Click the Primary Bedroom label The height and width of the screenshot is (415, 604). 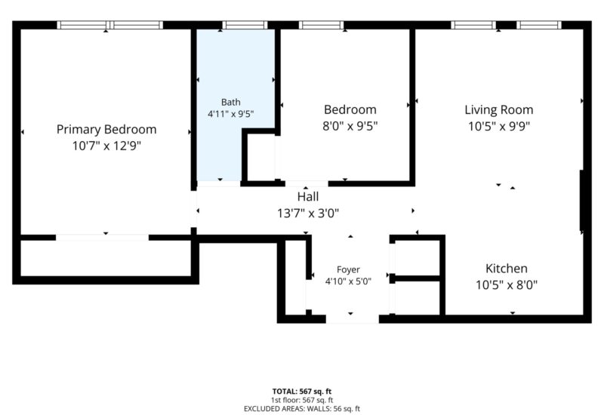(106, 129)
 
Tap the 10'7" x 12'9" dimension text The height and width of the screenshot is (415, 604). (106, 146)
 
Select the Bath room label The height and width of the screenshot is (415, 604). (231, 102)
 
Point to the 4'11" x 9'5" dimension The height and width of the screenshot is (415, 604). (231, 114)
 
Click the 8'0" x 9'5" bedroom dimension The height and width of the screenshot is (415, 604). (350, 126)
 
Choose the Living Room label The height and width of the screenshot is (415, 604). (499, 110)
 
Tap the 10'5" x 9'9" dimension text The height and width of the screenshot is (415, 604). (499, 126)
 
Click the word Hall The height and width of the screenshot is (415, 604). (308, 197)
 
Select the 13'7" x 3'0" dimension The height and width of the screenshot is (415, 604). (308, 213)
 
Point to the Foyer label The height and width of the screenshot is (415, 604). (348, 269)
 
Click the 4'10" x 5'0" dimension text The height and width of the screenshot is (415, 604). (348, 281)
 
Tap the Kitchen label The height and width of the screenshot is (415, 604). (506, 269)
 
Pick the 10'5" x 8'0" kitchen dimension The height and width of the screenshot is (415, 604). (506, 285)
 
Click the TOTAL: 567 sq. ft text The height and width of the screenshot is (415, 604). (302, 392)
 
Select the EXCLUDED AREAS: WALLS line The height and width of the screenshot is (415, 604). (302, 409)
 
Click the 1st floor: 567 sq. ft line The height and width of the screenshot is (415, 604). (302, 401)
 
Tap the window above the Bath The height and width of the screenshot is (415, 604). (245, 25)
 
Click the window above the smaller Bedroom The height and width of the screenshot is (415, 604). (322, 25)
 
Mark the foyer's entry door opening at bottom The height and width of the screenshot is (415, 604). (353, 318)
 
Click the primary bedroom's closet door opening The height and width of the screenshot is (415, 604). (103, 238)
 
